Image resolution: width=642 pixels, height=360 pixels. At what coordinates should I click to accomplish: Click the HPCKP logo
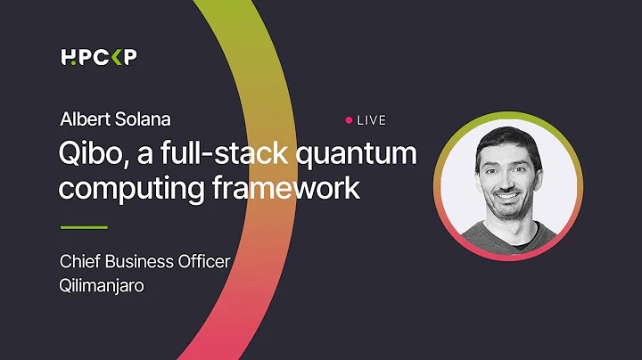tap(99, 58)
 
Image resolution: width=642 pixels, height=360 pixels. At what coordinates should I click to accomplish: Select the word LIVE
tap(371, 119)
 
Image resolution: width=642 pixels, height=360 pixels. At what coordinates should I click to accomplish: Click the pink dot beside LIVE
tap(349, 119)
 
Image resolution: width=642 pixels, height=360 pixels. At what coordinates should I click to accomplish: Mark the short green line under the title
tap(84, 227)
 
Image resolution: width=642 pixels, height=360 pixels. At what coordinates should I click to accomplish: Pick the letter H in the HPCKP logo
tap(69, 58)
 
